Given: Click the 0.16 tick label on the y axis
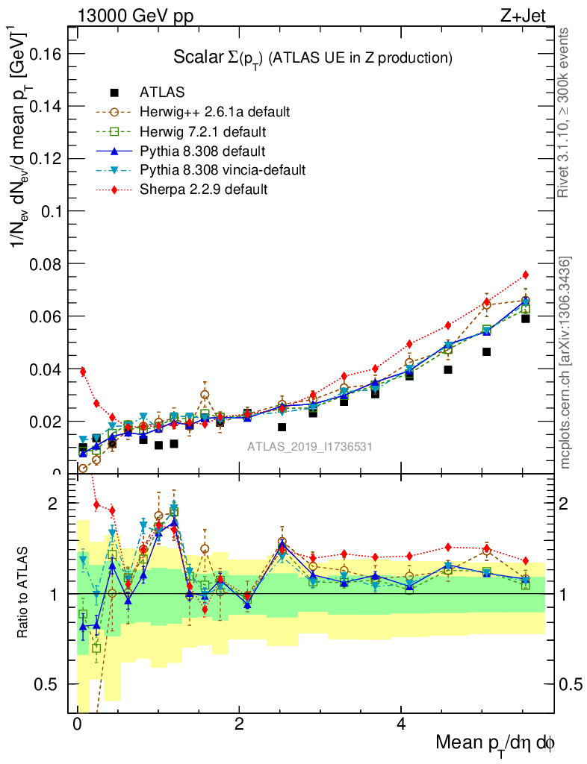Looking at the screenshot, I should pos(45,54).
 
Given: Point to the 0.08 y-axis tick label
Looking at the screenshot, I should pos(45,264).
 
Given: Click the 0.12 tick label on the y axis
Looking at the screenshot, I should pos(45,159).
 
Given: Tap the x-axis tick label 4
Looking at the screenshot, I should pos(401,724).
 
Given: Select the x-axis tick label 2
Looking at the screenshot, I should pos(239,724).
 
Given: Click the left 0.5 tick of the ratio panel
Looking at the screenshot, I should pos(50,684).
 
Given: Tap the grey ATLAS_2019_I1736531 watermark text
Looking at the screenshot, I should pos(310,447).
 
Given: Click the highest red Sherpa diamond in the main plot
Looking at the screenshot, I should pos(526,275).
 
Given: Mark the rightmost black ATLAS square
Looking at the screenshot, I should pos(526,319).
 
